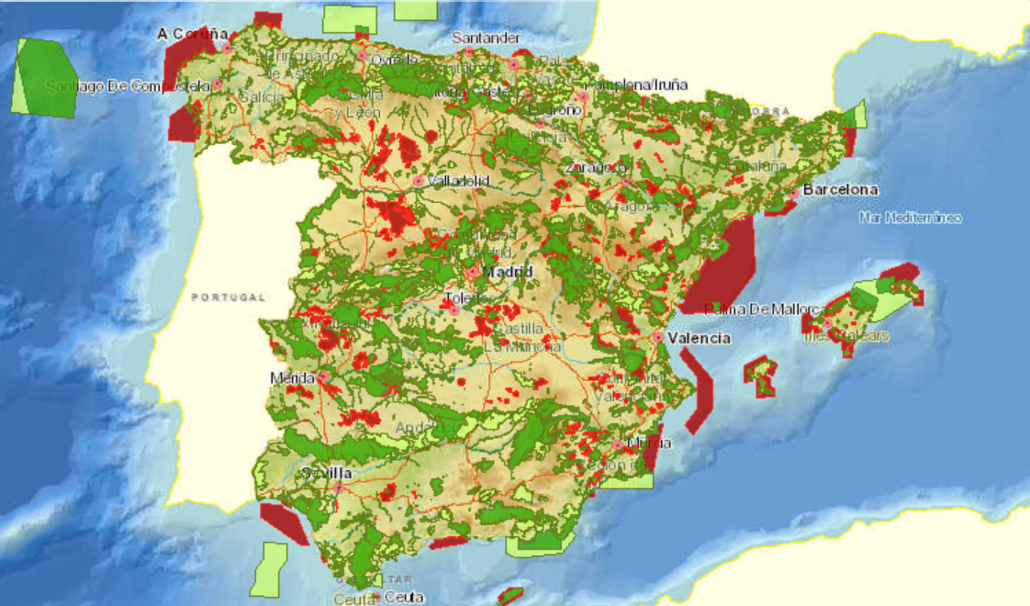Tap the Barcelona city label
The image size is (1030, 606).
tap(840, 190)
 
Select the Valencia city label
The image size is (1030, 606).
tap(699, 338)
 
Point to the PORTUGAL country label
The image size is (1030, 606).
tap(229, 297)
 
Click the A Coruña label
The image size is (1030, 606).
tap(192, 34)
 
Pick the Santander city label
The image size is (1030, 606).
tap(487, 39)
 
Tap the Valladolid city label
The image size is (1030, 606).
tap(458, 181)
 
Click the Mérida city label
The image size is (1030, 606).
tap(293, 377)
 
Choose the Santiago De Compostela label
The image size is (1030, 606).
tap(129, 86)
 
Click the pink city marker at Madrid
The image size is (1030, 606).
tap(472, 273)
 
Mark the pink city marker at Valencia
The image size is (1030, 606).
tap(658, 338)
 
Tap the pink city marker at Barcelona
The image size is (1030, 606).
tap(794, 195)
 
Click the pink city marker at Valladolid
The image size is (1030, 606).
tap(419, 181)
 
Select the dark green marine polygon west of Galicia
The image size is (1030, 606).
tap(50, 78)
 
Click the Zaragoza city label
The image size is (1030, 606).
tap(597, 168)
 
